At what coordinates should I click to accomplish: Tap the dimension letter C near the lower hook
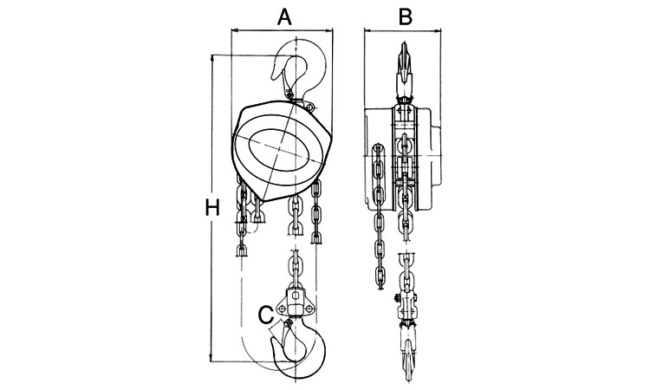click(x=266, y=315)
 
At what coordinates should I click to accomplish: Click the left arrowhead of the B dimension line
click(x=367, y=32)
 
